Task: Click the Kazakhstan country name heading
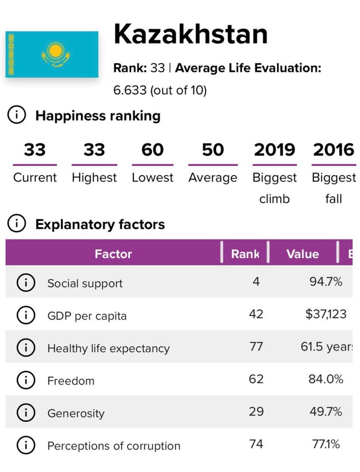click(190, 34)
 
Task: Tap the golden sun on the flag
click(55, 50)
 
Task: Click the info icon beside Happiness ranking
click(17, 116)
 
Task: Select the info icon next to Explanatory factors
click(17, 224)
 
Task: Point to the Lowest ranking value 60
click(153, 150)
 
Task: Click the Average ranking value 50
click(212, 150)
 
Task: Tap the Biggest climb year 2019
click(274, 150)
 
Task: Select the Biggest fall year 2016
click(334, 150)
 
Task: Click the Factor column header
click(113, 254)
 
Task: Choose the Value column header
click(302, 254)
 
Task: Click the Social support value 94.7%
click(325, 282)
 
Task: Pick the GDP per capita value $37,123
click(325, 314)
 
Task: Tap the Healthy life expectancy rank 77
click(256, 347)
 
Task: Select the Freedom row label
click(71, 381)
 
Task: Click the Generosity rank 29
click(256, 412)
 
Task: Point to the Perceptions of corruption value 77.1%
click(325, 444)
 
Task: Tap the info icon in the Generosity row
click(26, 413)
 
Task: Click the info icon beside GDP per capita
click(26, 315)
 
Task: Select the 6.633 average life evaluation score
click(130, 90)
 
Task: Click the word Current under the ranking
click(35, 177)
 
